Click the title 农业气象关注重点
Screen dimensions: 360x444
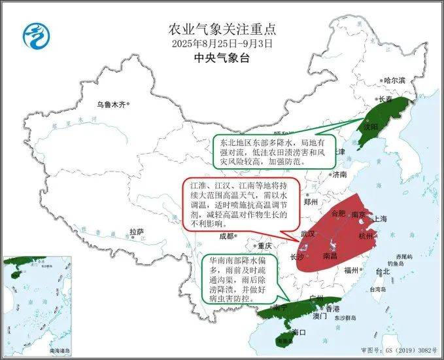click(x=222, y=29)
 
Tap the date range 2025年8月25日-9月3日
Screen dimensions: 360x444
click(x=222, y=44)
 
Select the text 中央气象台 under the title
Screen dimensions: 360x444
click(x=222, y=58)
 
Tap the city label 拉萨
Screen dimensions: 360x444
click(x=136, y=232)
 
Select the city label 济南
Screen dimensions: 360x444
click(x=340, y=175)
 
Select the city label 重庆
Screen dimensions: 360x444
click(x=264, y=246)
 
